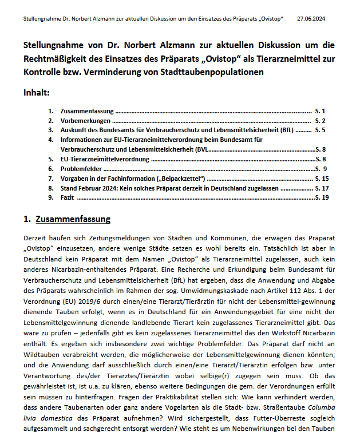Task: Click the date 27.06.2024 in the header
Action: (311, 19)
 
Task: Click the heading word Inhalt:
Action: (37, 93)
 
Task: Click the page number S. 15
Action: (322, 179)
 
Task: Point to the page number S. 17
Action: (322, 188)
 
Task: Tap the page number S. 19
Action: (322, 197)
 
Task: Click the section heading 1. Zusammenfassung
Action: (67, 219)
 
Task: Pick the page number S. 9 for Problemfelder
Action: (321, 169)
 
